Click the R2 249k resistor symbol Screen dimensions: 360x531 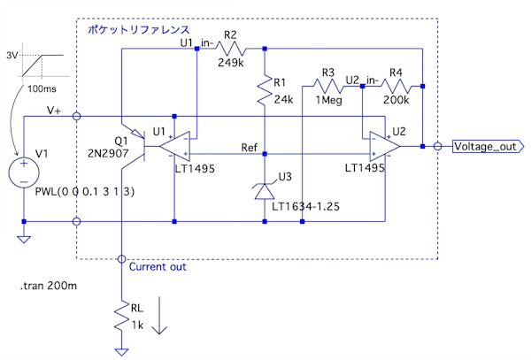tap(233, 48)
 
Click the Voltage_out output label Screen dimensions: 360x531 tap(485, 147)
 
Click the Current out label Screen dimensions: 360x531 tap(158, 266)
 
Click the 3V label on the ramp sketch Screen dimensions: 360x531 tap(12, 55)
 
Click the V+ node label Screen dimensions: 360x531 tap(54, 110)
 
